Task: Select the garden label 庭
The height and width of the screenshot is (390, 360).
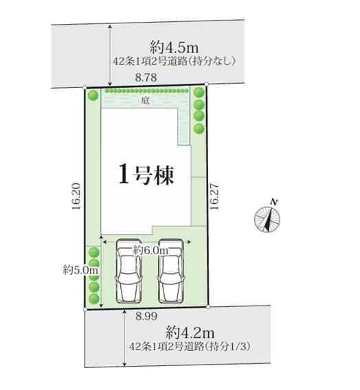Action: (145, 101)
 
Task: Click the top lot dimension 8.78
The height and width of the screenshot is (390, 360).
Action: (146, 78)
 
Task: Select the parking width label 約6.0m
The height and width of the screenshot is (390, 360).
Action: (151, 251)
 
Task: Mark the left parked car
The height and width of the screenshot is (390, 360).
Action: (128, 271)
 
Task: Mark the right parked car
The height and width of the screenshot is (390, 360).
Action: (170, 271)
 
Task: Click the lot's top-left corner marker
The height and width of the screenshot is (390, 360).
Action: (85, 88)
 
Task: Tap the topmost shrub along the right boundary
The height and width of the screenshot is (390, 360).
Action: (199, 93)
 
